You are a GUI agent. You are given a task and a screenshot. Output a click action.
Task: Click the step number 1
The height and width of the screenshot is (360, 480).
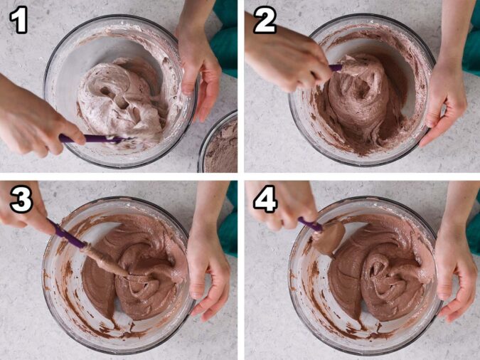pyautogui.click(x=18, y=21)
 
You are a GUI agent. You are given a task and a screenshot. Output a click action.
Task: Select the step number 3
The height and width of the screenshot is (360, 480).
pyautogui.click(x=19, y=201)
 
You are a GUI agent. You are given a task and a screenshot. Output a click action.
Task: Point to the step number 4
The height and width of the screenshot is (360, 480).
pyautogui.click(x=265, y=201)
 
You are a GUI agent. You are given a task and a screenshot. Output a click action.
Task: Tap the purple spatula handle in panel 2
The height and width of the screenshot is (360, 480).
pyautogui.click(x=335, y=68)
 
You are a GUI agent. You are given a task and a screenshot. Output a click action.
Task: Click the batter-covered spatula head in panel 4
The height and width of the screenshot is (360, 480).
pyautogui.click(x=329, y=238)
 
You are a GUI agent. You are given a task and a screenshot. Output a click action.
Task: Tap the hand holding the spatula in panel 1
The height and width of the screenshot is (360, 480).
pyautogui.click(x=36, y=121)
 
